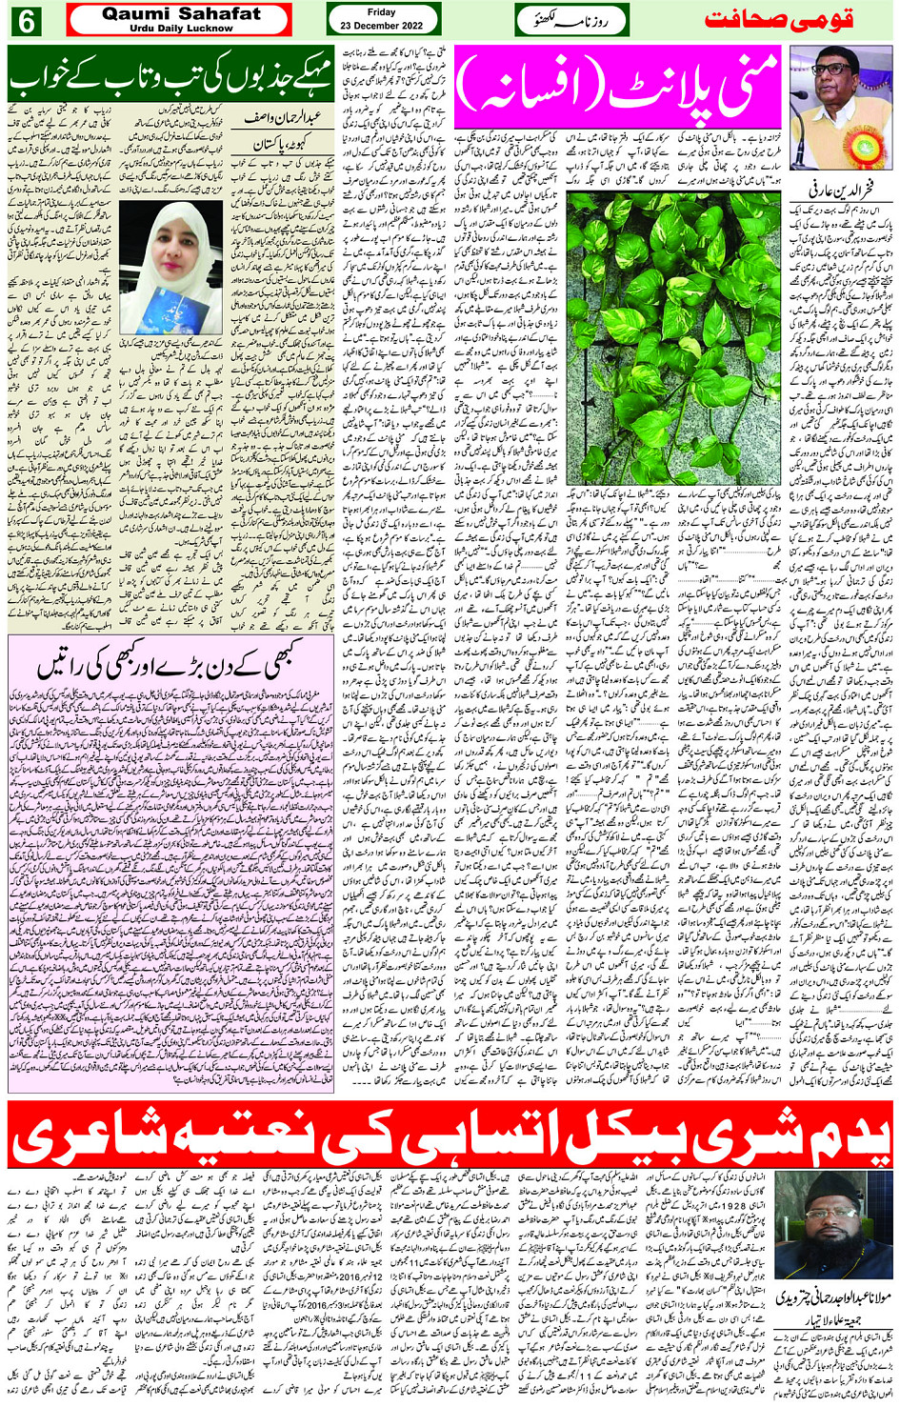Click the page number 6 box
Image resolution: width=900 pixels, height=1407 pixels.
(x=26, y=20)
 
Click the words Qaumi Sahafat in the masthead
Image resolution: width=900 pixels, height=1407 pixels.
(x=181, y=14)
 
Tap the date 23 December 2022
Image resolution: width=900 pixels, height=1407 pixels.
(x=382, y=25)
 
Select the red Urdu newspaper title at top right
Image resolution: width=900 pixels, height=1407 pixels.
(x=778, y=20)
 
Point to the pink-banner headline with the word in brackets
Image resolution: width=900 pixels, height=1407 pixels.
(x=618, y=87)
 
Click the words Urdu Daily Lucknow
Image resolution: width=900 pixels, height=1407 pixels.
(x=181, y=29)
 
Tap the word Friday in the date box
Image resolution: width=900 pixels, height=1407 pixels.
(x=381, y=12)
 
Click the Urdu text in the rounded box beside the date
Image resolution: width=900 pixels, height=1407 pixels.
(x=571, y=20)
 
